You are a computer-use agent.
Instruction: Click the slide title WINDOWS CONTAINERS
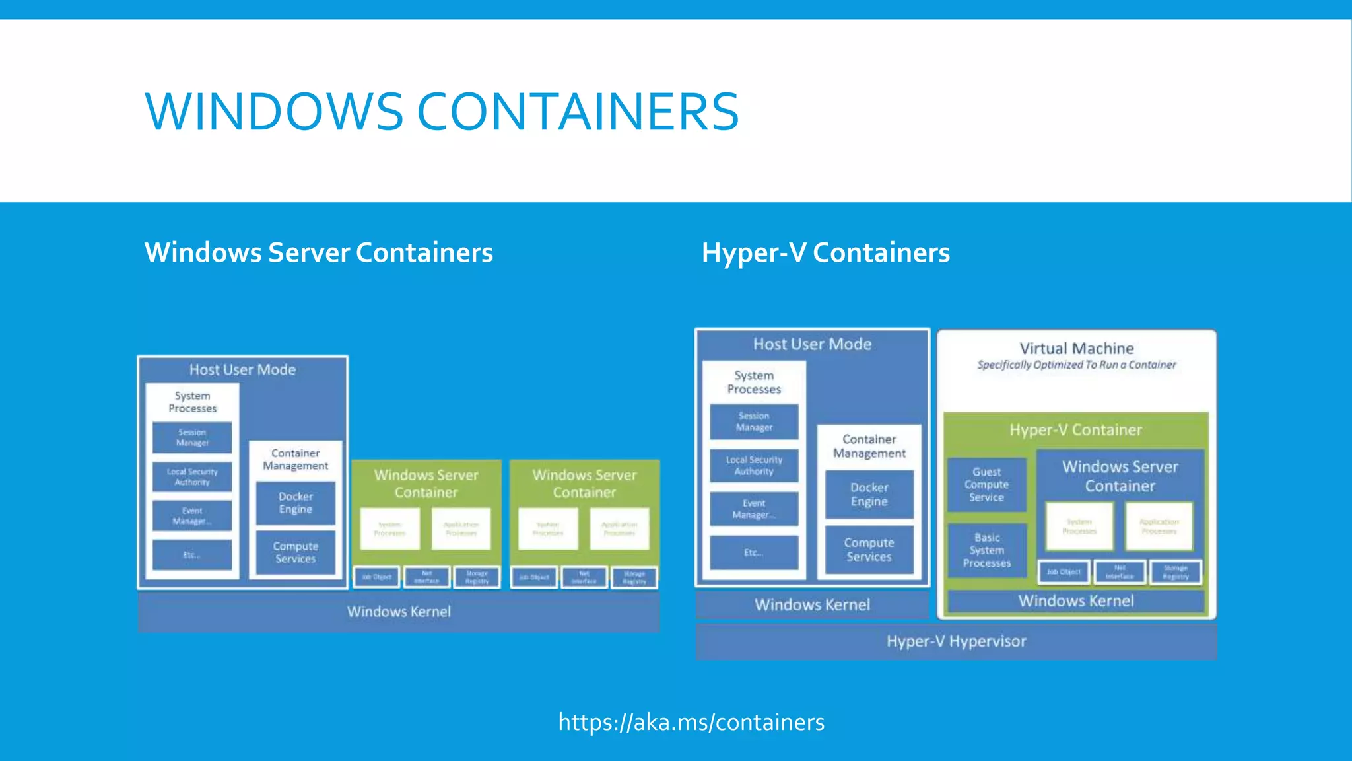(x=441, y=111)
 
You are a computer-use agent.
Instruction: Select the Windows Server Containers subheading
(x=318, y=252)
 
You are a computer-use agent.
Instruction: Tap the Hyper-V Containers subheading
(x=825, y=252)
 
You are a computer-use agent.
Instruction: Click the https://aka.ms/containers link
(x=691, y=722)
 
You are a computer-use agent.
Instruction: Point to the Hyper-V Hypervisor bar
(x=956, y=641)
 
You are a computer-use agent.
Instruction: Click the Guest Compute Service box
(x=986, y=484)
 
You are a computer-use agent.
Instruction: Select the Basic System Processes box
(x=986, y=550)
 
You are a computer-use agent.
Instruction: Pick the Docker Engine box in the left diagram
(x=295, y=503)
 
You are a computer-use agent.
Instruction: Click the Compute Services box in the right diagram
(x=869, y=550)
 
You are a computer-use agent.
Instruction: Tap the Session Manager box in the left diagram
(x=192, y=437)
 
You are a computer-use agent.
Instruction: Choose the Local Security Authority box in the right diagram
(x=754, y=466)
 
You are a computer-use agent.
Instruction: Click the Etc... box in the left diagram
(x=192, y=555)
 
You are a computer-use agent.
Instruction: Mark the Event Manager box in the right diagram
(x=754, y=509)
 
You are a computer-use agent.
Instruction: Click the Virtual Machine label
(x=1076, y=348)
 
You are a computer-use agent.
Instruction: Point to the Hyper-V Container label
(x=1075, y=430)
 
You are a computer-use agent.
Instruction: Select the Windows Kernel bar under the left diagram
(x=399, y=612)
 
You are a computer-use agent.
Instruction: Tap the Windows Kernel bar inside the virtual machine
(x=1075, y=601)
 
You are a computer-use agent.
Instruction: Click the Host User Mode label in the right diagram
(x=812, y=344)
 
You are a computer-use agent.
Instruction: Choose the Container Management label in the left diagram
(x=295, y=459)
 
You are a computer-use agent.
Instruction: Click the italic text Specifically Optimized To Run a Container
(x=1076, y=365)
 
